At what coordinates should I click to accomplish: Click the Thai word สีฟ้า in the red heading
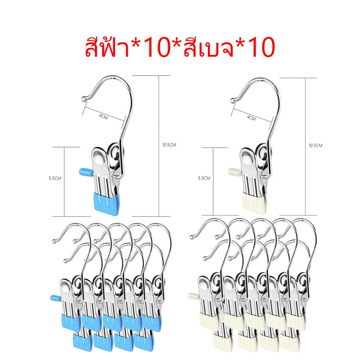point(108,47)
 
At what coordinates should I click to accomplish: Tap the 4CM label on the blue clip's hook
point(103,117)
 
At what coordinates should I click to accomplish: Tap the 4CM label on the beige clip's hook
point(252,118)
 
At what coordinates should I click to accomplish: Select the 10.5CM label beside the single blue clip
point(169,145)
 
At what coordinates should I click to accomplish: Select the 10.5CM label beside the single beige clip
point(315,145)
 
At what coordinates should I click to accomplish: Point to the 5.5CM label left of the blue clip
point(55,178)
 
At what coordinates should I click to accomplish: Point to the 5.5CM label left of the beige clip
point(204,178)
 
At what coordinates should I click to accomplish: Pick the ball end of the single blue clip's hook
point(84,99)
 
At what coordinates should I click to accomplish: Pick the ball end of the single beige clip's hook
point(233,100)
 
